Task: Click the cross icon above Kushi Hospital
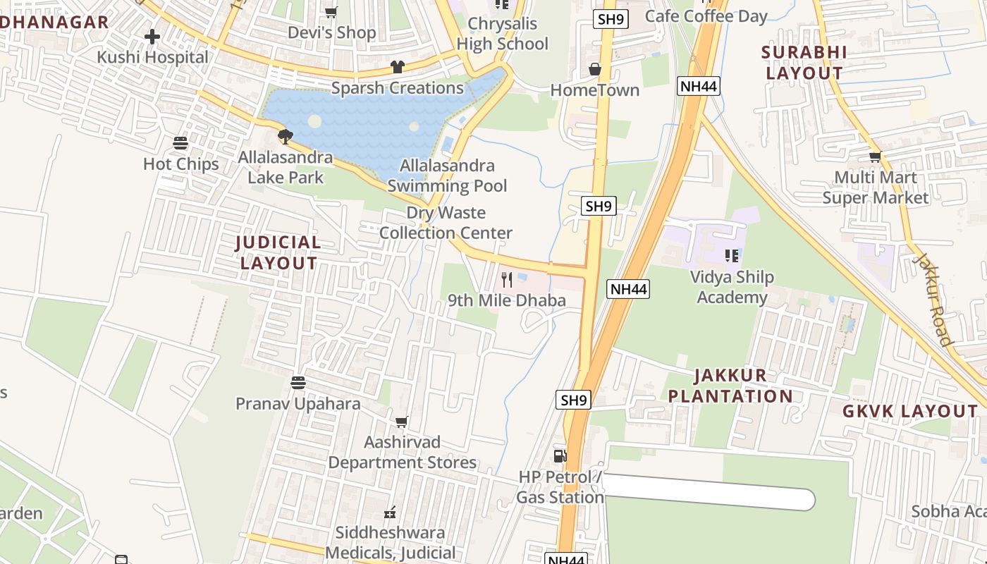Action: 152,37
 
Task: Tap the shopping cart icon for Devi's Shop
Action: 331,12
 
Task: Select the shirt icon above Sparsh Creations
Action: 398,68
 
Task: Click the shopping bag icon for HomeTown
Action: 595,70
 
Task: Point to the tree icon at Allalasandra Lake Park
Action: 286,136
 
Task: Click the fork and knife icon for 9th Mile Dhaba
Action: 507,280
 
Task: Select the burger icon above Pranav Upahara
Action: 298,383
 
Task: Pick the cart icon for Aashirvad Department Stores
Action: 402,422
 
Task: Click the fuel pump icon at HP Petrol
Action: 560,456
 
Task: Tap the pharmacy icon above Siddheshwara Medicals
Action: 390,512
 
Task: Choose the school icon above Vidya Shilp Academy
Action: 732,256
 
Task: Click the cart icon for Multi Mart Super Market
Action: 875,157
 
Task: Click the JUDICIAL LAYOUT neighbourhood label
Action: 278,253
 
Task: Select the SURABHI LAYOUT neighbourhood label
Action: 804,63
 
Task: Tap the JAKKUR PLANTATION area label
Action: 730,386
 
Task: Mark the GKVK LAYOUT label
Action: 910,412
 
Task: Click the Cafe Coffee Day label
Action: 706,16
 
